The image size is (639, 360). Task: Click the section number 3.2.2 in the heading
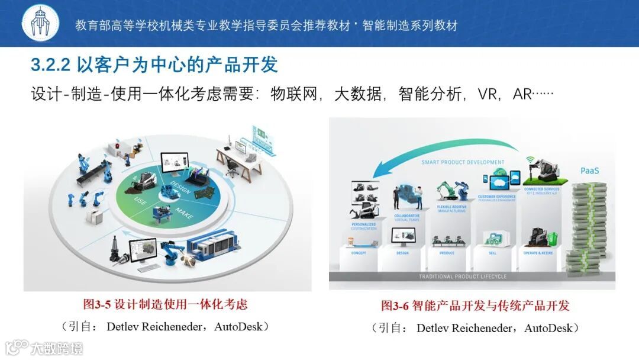(51, 65)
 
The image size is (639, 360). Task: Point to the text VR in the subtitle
(489, 94)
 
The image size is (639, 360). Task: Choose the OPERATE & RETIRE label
(538, 253)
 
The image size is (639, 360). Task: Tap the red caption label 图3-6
(396, 306)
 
